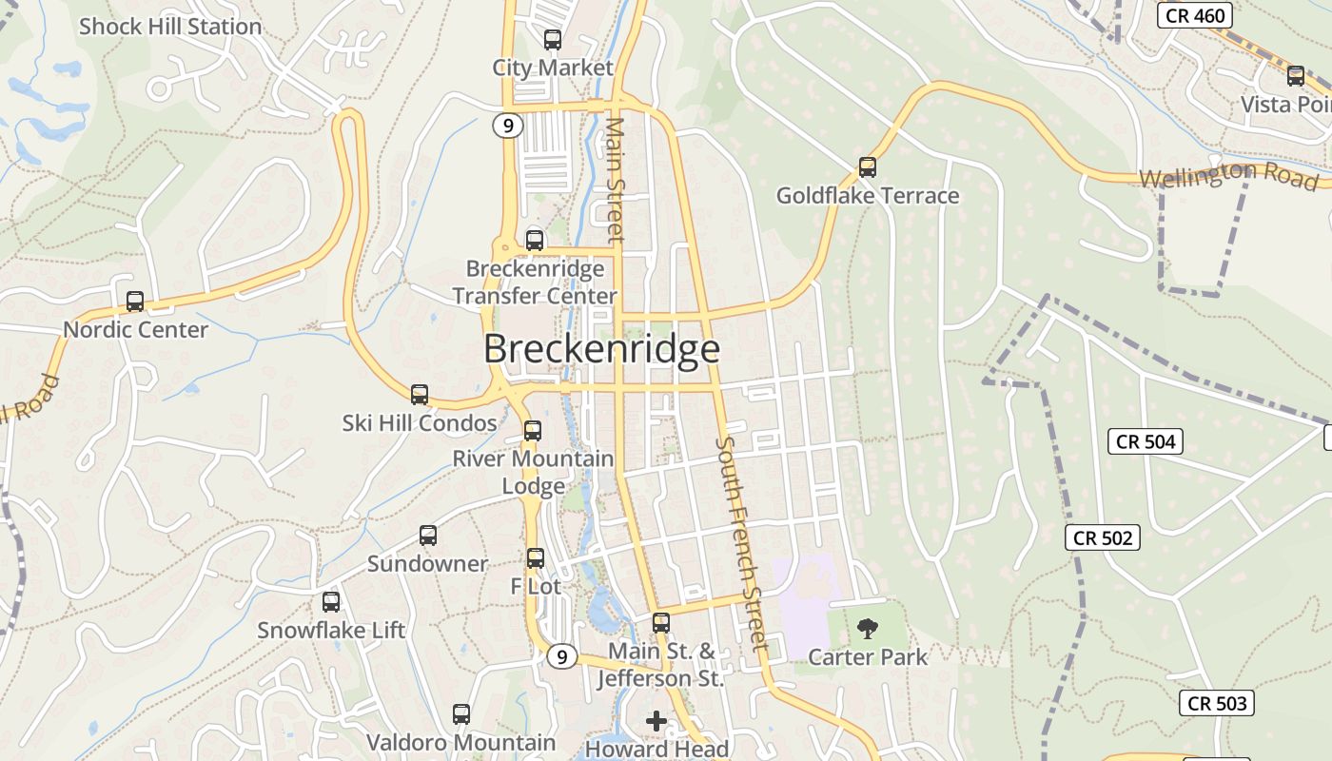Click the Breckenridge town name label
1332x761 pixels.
(601, 349)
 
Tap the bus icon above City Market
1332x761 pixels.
(553, 40)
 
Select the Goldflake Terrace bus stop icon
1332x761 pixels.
(868, 167)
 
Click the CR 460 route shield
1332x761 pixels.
(1195, 15)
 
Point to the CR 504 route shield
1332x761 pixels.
(1146, 441)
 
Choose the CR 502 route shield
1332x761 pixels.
(1103, 537)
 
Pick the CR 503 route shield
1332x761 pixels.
(1217, 703)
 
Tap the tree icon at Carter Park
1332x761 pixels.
(867, 628)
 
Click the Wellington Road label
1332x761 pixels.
(1227, 176)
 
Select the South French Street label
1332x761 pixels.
(742, 544)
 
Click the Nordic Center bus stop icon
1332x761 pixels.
(135, 302)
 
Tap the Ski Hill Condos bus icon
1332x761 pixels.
(420, 395)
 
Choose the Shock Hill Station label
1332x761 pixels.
(170, 27)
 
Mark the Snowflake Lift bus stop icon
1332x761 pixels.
(331, 602)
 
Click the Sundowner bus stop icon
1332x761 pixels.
(428, 536)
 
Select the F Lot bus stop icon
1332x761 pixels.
(536, 558)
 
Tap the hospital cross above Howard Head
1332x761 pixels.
(656, 721)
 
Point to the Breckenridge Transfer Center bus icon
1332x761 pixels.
(535, 241)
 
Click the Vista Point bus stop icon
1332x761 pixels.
(1296, 76)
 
